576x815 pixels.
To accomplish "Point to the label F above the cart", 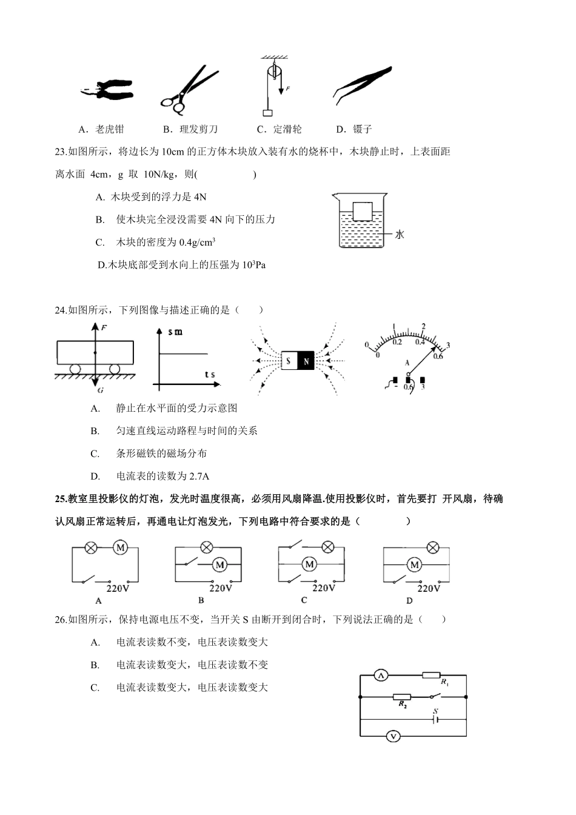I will tap(104, 328).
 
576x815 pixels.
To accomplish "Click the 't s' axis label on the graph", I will tap(210, 375).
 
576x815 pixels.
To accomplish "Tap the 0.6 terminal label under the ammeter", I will tap(407, 387).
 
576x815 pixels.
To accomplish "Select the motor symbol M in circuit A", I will tap(120, 548).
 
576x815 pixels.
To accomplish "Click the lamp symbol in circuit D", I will tap(433, 548).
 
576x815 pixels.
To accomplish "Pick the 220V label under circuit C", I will tap(324, 588).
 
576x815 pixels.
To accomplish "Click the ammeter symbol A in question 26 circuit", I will tap(380, 676).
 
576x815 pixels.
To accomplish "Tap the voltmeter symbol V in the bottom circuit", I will tap(393, 737).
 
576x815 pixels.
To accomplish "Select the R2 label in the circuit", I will tap(403, 705).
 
